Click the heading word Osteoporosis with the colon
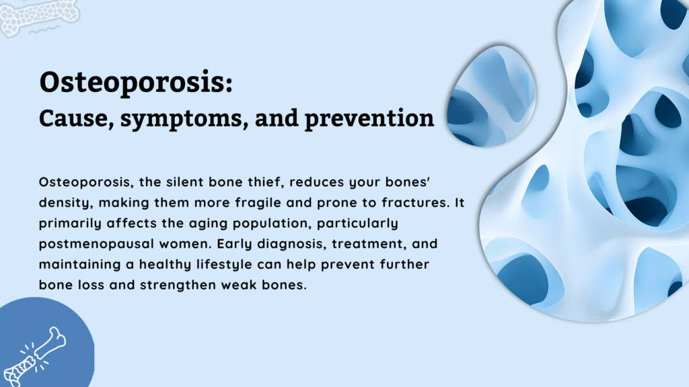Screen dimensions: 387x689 pos(137,83)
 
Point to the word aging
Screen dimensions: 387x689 pos(202,222)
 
